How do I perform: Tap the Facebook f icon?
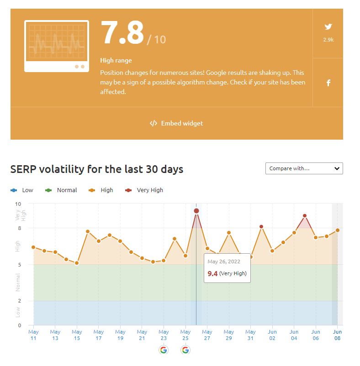[x=328, y=83]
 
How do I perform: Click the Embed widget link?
[x=176, y=123]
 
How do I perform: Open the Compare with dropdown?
[x=304, y=168]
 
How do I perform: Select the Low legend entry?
[x=22, y=190]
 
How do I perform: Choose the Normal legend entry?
[x=61, y=190]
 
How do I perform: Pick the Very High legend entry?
[x=144, y=190]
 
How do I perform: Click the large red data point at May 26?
[x=196, y=211]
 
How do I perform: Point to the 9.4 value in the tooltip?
[x=212, y=274]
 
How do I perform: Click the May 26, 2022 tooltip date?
[x=224, y=261]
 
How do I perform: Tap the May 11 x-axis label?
[x=33, y=335]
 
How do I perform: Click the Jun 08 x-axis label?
[x=337, y=335]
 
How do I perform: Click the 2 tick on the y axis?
[x=19, y=301]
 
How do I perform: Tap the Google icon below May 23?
[x=164, y=350]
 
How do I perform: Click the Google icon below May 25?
[x=185, y=350]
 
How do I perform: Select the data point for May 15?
[x=77, y=263]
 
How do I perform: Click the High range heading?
[x=116, y=60]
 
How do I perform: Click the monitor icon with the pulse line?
[x=57, y=46]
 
